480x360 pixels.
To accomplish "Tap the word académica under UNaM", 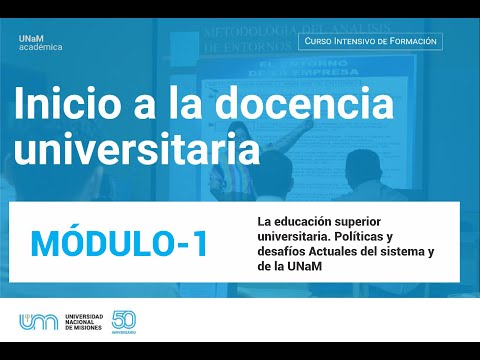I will (40, 47).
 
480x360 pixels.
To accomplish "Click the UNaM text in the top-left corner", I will (32, 36).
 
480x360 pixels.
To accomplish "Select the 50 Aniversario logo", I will (125, 322).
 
